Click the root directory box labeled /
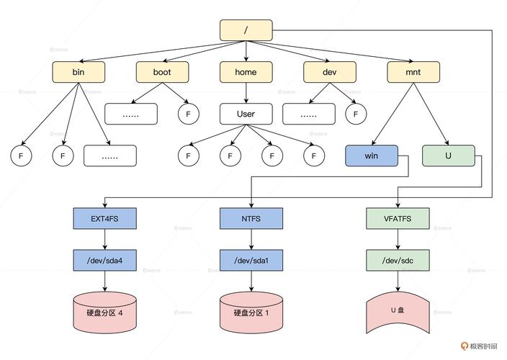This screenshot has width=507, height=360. tap(246, 30)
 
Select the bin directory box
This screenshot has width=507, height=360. tap(78, 72)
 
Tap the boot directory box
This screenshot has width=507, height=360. tap(162, 72)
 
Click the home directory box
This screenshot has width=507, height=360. tap(246, 72)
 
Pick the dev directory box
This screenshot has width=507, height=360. tap(329, 72)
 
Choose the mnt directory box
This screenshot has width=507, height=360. tap(413, 72)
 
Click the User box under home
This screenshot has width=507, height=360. tap(246, 114)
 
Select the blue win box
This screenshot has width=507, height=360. tap(371, 156)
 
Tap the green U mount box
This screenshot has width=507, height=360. tap(449, 156)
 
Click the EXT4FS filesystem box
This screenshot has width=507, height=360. tap(104, 218)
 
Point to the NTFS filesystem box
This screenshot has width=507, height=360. tap(251, 218)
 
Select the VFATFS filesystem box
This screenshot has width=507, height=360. tap(397, 218)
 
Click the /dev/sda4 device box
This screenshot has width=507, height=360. tap(104, 260)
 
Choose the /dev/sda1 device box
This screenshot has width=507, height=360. tap(251, 260)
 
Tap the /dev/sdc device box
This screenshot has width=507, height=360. tap(397, 260)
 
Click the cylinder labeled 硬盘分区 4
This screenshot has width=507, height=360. tap(104, 312)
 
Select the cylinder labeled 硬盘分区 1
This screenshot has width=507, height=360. tap(251, 312)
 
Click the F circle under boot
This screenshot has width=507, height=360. tap(188, 114)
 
